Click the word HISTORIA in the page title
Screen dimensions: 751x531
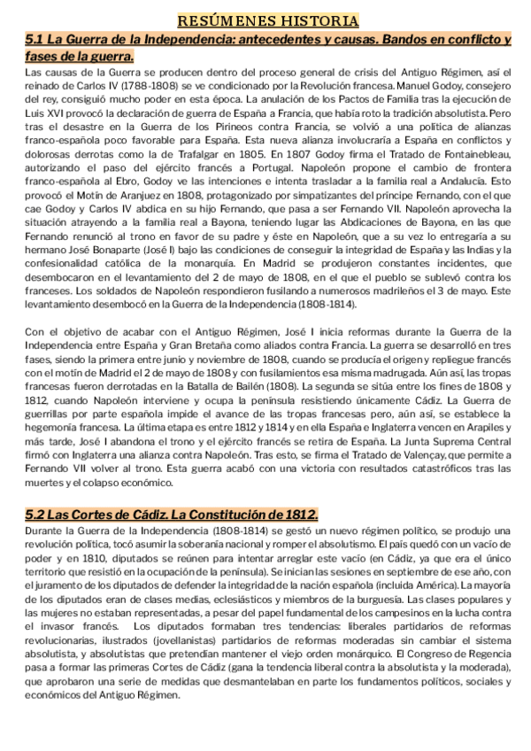312,19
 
